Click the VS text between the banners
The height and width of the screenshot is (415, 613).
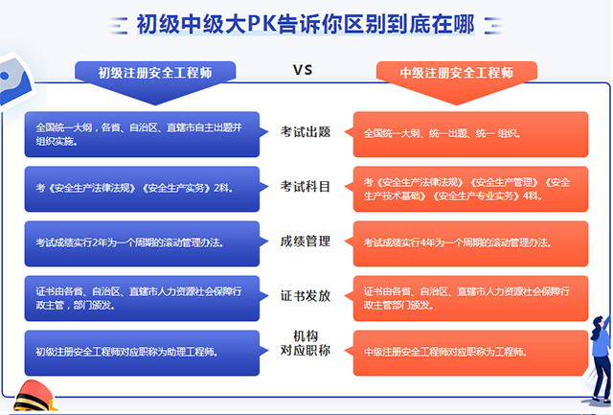(303, 70)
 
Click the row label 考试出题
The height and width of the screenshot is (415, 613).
(306, 132)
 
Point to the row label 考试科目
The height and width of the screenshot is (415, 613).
(306, 187)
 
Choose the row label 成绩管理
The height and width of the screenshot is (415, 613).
(306, 242)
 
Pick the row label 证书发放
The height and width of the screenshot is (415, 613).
(306, 296)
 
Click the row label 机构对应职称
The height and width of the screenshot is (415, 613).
(306, 343)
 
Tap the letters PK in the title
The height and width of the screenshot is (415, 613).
(261, 24)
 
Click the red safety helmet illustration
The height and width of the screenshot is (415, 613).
(34, 397)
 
